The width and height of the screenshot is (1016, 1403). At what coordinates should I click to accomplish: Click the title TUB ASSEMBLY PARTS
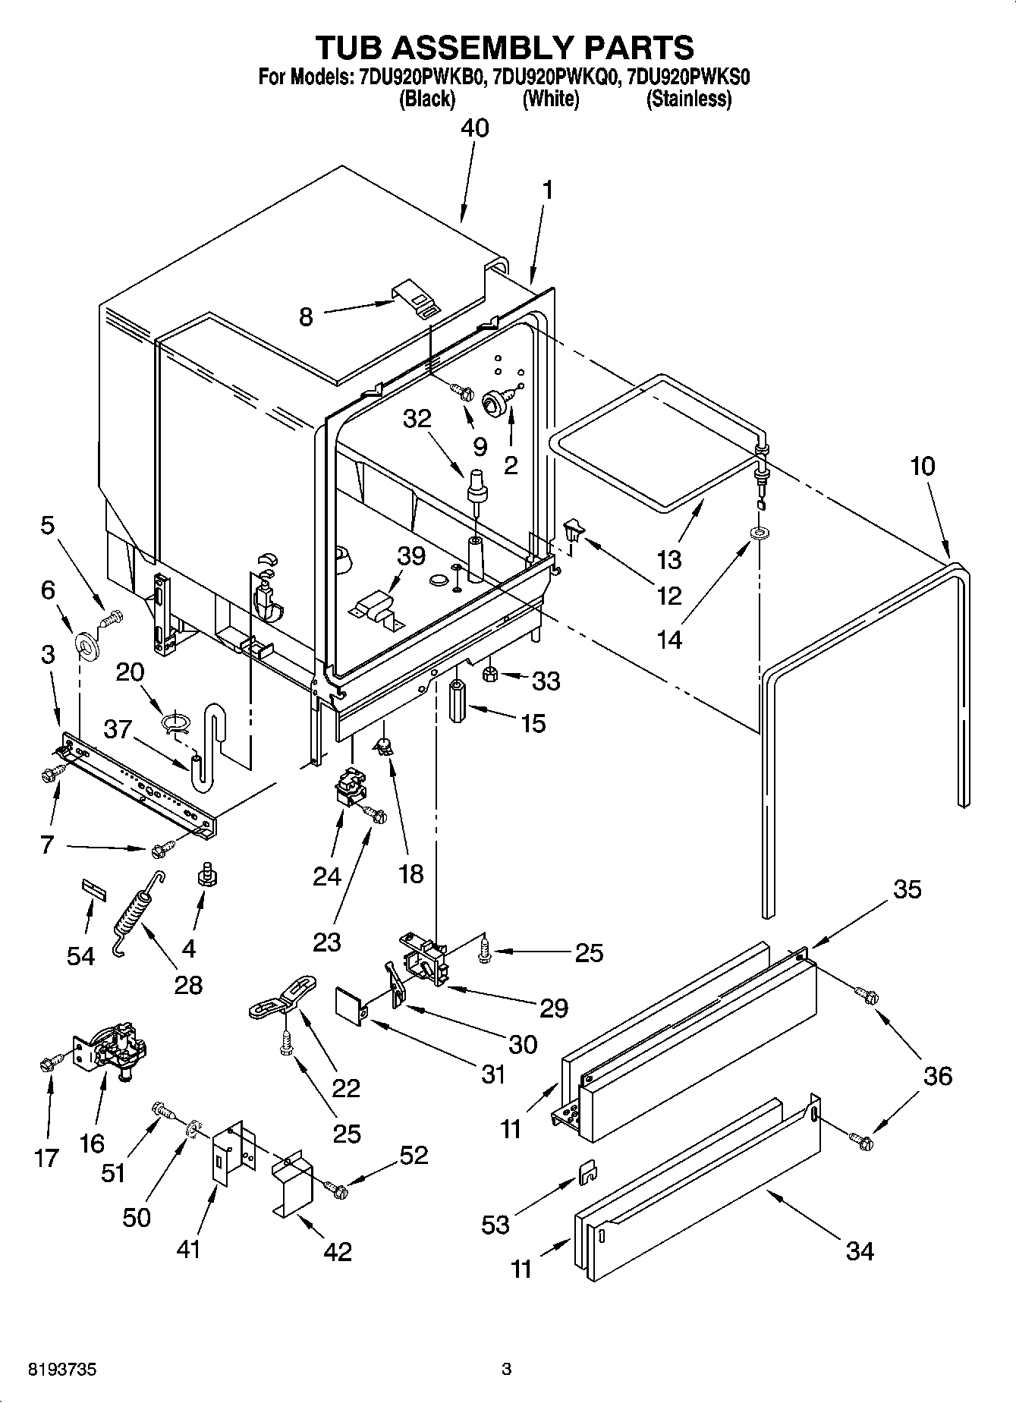pyautogui.click(x=505, y=47)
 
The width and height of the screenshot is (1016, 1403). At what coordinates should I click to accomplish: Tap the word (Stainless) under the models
pyautogui.click(x=688, y=99)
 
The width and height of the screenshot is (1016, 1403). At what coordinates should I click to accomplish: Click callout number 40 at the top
pyautogui.click(x=475, y=127)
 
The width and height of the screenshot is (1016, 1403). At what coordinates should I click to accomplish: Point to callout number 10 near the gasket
pyautogui.click(x=923, y=466)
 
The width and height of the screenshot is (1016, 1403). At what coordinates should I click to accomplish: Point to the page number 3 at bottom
pyautogui.click(x=507, y=1370)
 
